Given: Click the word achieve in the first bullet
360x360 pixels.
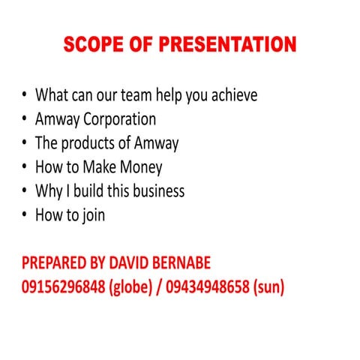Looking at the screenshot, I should point(232,95).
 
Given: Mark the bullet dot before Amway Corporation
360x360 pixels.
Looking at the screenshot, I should point(25,119).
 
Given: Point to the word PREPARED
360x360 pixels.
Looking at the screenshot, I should point(56,264).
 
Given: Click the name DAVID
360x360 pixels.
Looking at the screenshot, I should point(139,264).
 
